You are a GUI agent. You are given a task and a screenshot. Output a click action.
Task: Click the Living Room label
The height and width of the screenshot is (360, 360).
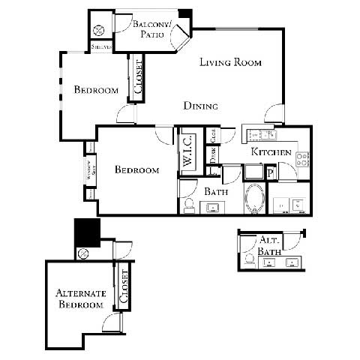230,63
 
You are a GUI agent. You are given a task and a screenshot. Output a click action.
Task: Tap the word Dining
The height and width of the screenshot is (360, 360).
201,106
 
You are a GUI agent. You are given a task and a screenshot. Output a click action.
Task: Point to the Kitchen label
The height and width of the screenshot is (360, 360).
271,151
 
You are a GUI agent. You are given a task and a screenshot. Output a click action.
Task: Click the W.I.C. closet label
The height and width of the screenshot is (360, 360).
188,151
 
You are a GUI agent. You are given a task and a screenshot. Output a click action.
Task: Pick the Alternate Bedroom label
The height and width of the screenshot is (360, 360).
78,298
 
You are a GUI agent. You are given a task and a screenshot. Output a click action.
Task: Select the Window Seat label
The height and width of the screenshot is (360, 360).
89,170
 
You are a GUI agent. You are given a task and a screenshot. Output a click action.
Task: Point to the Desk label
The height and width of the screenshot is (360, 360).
213,154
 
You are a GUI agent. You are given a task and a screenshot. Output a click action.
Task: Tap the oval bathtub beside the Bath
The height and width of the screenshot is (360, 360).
255,199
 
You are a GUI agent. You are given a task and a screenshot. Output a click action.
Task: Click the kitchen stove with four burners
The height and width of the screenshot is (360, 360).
303,159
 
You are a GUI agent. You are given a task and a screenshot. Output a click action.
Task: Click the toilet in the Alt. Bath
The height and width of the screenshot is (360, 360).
247,259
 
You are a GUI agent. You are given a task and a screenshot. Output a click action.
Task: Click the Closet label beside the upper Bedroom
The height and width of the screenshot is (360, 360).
138,77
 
